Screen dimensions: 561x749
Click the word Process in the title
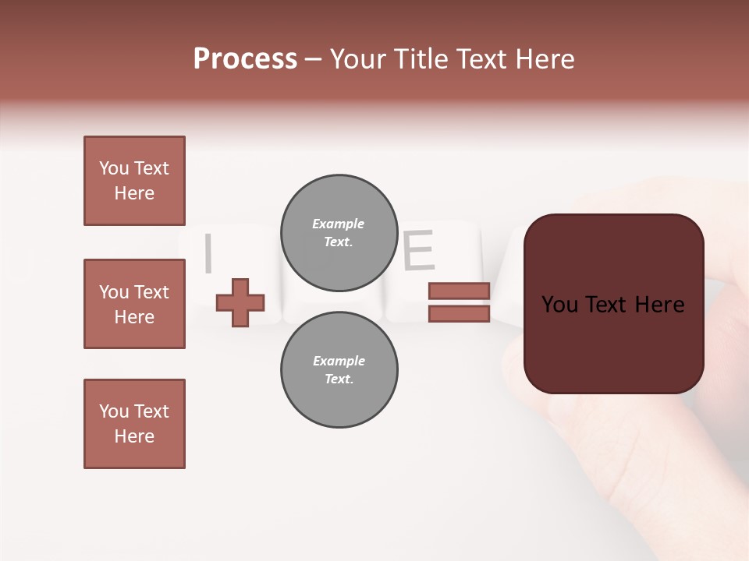click(245, 59)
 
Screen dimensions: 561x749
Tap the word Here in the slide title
click(545, 59)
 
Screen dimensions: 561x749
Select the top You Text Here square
click(134, 181)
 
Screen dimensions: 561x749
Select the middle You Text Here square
click(134, 304)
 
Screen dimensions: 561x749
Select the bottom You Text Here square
click(134, 424)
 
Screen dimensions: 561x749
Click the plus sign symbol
click(240, 302)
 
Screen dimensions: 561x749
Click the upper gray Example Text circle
click(339, 232)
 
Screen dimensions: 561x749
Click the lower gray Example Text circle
click(339, 369)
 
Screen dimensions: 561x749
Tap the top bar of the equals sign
click(459, 291)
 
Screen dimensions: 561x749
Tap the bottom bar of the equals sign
click(459, 314)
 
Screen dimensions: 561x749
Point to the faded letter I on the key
click(208, 254)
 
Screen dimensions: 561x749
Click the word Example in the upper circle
click(339, 224)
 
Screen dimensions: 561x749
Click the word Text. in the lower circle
click(339, 379)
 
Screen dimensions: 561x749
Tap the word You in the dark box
click(559, 305)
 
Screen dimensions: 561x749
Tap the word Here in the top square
click(134, 193)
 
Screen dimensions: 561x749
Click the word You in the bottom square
click(114, 411)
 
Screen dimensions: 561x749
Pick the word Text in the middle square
click(151, 292)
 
